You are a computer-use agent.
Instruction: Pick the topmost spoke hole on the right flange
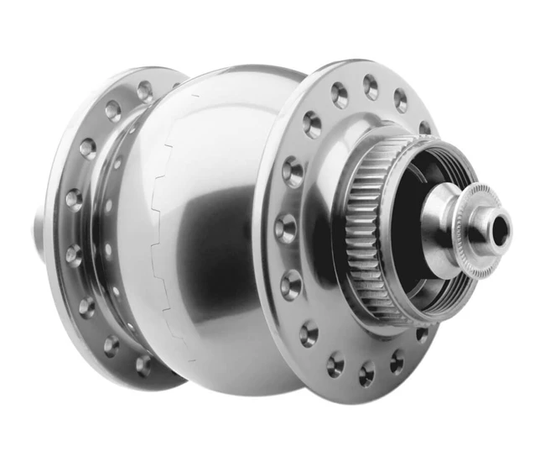point(370,84)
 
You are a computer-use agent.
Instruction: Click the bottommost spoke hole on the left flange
point(144,364)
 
